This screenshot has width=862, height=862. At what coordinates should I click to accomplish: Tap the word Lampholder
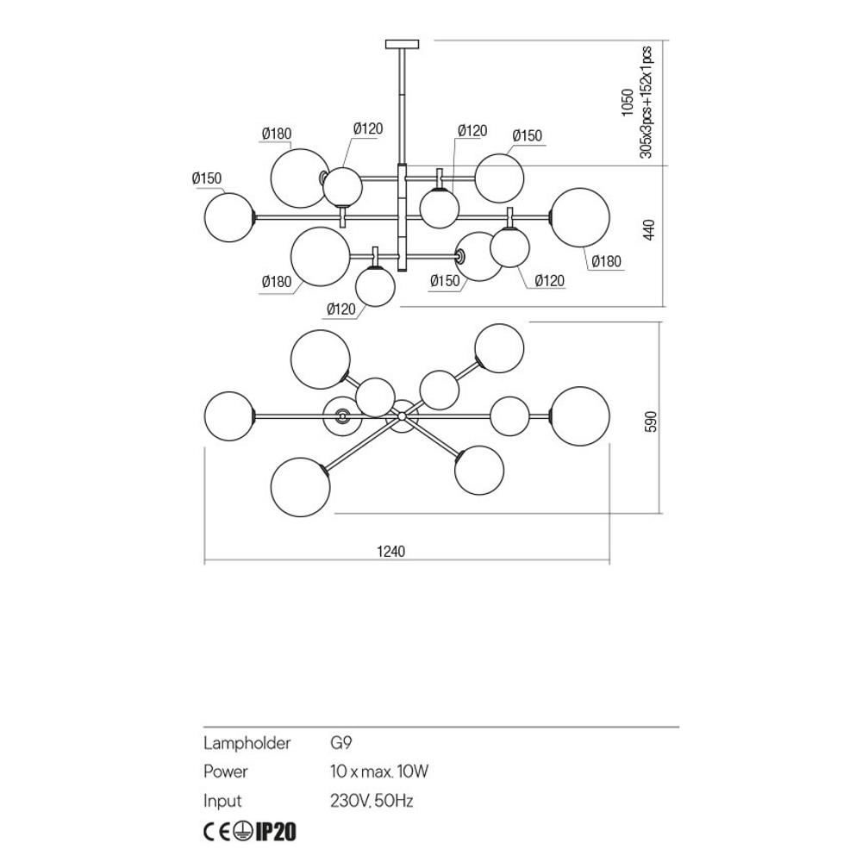click(247, 743)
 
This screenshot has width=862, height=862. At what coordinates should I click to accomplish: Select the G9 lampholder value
click(340, 743)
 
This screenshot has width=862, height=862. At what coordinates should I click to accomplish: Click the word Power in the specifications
click(225, 771)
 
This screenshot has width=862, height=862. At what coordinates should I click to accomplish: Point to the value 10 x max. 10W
click(378, 771)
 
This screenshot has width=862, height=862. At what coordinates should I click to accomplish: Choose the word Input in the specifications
click(222, 801)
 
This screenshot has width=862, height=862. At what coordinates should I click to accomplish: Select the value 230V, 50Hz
click(372, 801)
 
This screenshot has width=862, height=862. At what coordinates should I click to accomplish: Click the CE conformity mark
click(215, 832)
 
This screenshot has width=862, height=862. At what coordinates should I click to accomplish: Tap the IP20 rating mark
click(277, 832)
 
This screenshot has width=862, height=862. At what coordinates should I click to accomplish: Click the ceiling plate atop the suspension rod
click(403, 43)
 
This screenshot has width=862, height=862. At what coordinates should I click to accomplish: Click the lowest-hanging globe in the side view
click(375, 286)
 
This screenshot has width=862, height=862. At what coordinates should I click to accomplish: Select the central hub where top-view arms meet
click(402, 415)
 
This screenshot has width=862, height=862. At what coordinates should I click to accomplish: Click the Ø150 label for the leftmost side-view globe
click(207, 178)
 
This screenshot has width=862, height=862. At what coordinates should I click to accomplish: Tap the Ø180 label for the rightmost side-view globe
click(606, 262)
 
